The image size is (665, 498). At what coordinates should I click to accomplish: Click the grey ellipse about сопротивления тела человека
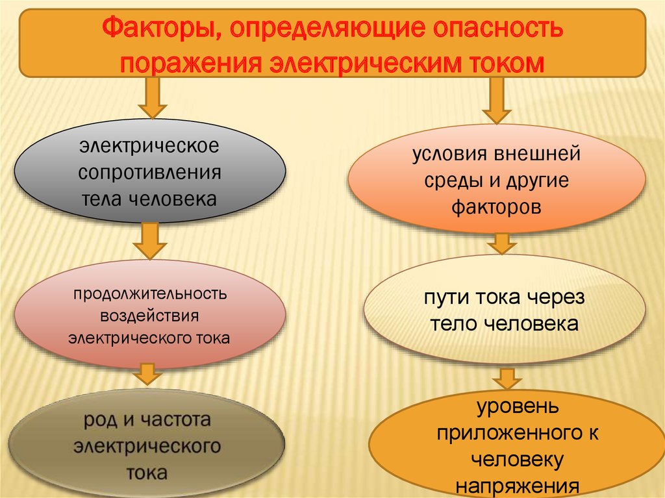[149, 171]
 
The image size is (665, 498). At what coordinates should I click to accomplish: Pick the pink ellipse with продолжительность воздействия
[149, 316]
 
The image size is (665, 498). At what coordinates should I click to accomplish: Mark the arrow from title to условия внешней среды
[497, 101]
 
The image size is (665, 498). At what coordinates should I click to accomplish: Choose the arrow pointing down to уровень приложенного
[507, 380]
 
